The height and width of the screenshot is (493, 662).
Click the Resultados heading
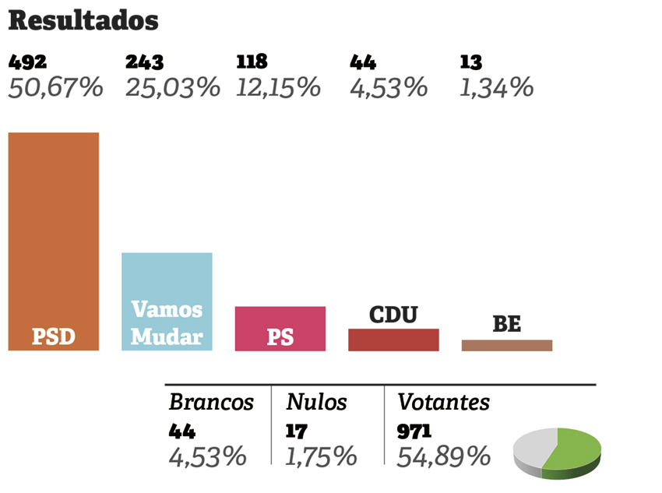pyautogui.click(x=83, y=21)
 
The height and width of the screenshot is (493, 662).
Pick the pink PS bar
pyautogui.click(x=280, y=328)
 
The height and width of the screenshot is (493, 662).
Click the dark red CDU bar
pyautogui.click(x=393, y=340)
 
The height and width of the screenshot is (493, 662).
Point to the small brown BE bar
pyautogui.click(x=506, y=345)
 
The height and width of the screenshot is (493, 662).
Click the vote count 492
pyautogui.click(x=27, y=63)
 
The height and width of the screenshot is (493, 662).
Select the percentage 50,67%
pyautogui.click(x=55, y=87)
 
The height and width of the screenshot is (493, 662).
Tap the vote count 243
pyautogui.click(x=144, y=63)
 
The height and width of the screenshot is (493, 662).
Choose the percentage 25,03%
pyautogui.click(x=173, y=87)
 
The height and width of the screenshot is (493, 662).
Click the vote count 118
pyautogui.click(x=252, y=63)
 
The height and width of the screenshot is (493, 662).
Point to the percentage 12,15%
pyautogui.click(x=279, y=87)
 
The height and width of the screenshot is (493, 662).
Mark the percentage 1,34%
pyautogui.click(x=496, y=87)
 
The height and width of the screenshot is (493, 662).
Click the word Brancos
pyautogui.click(x=211, y=403)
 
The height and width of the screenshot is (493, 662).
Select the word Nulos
pyautogui.click(x=316, y=403)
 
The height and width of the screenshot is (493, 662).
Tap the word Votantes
pyautogui.click(x=443, y=403)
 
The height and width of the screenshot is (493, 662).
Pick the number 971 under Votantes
pyautogui.click(x=414, y=431)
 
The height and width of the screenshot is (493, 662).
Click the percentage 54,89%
pyautogui.click(x=443, y=456)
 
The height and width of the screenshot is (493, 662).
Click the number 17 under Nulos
pyautogui.click(x=296, y=431)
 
